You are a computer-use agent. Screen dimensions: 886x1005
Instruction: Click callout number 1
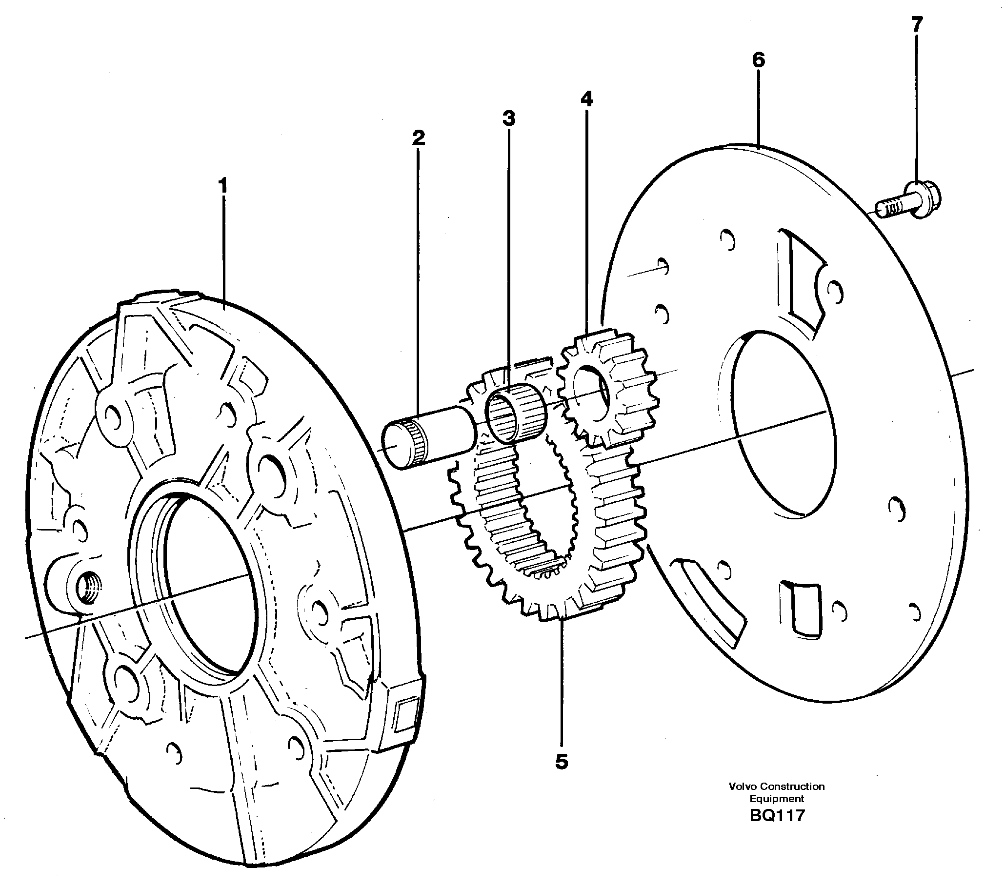(223, 186)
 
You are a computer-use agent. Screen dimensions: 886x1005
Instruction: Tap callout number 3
(509, 118)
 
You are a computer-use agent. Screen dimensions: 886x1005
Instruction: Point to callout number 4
(586, 99)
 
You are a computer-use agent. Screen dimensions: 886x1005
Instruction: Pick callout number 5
(562, 762)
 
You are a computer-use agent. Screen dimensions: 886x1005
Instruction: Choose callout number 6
(758, 60)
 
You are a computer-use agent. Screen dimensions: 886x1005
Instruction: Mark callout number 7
(917, 23)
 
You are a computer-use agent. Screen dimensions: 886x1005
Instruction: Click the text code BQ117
(777, 829)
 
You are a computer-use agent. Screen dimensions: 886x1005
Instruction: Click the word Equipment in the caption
(777, 813)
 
